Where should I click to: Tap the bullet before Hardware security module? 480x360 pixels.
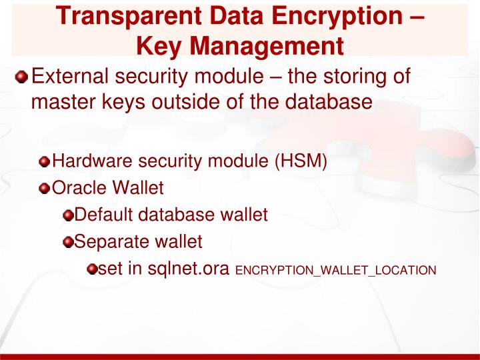click(x=44, y=162)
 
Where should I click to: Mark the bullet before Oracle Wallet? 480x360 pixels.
click(x=44, y=189)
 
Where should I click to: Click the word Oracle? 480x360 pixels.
click(x=73, y=188)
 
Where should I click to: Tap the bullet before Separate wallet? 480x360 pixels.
click(x=68, y=242)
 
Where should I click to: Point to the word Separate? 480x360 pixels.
click(x=105, y=241)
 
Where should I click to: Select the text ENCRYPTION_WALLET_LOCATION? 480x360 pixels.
click(x=336, y=271)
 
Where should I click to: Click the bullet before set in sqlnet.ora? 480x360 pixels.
click(x=91, y=269)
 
